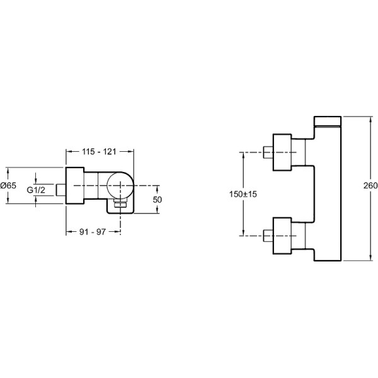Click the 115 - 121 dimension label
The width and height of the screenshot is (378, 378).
99,152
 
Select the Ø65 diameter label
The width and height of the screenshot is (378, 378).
8,185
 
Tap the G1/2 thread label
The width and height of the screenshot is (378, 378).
36,190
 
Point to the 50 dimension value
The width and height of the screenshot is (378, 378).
157,199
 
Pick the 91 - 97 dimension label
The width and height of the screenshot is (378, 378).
93,232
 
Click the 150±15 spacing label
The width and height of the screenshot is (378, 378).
243,194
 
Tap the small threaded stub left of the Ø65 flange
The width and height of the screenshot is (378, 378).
60,190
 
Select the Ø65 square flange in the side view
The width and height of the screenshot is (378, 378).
75,185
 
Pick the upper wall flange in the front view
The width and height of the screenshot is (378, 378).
282,152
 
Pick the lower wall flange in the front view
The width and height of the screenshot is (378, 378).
282,236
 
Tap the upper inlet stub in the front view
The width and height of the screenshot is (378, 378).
268,152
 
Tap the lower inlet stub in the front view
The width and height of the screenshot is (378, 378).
268,236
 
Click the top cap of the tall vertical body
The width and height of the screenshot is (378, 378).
328,121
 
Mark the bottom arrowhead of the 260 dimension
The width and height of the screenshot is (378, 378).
370,257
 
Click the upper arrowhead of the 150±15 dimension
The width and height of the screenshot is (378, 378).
243,156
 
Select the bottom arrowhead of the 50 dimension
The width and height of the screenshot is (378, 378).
157,210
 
